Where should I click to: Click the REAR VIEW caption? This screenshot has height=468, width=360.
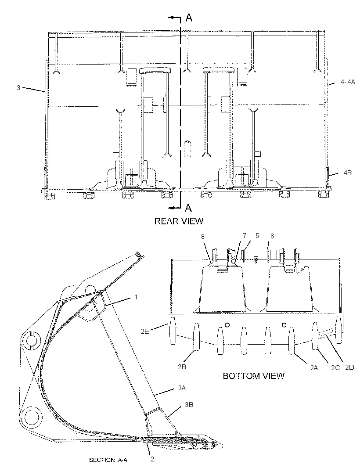point(179,221)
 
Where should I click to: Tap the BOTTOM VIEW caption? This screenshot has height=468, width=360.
point(253,375)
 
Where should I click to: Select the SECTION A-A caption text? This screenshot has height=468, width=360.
point(108,460)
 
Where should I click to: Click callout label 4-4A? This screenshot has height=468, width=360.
point(348,82)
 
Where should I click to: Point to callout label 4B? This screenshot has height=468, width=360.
point(347,173)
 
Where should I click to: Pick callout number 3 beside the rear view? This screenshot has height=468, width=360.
point(18,88)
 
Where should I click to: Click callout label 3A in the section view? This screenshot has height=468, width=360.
point(182,388)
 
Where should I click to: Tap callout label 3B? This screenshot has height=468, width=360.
point(189,405)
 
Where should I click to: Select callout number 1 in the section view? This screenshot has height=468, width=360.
point(136,297)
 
